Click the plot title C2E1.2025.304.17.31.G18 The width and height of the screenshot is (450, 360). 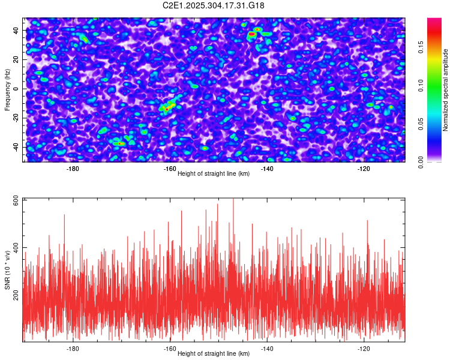click(x=214, y=5)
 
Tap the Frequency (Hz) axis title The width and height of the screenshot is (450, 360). click(x=7, y=89)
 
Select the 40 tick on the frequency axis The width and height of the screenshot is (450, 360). click(x=16, y=30)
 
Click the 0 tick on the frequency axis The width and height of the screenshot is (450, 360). click(x=18, y=89)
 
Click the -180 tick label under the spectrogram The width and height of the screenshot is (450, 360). click(x=73, y=169)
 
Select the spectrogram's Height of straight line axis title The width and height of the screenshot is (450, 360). click(x=214, y=174)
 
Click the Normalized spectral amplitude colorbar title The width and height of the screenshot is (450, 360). click(x=446, y=90)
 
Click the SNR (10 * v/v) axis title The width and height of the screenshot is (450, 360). click(x=7, y=270)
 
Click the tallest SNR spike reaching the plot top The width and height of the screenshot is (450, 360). click(x=233, y=200)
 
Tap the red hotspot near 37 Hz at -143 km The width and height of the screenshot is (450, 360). click(x=252, y=34)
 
